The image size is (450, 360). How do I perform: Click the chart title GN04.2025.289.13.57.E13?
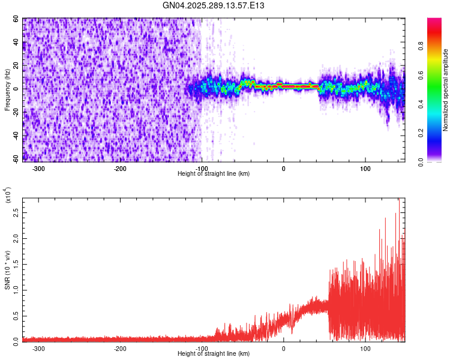click(214, 5)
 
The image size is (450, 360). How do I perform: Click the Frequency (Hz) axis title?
click(8, 89)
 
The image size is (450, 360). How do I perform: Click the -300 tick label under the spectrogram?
click(38, 168)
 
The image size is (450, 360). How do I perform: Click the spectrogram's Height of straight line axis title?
click(214, 173)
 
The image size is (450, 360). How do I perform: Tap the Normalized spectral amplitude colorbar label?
click(446, 89)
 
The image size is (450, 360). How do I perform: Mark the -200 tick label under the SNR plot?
click(120, 348)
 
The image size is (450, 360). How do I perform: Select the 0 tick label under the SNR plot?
click(284, 348)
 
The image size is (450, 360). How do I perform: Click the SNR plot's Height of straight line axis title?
click(214, 353)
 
